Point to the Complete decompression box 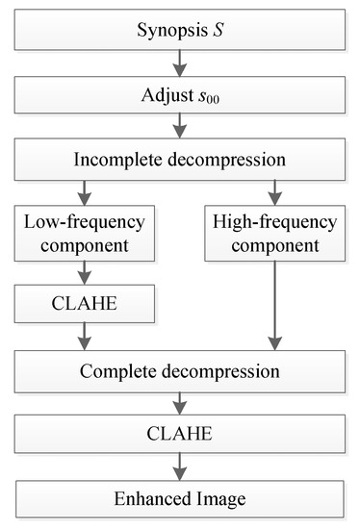pos(179,371)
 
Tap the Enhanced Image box pos(179,500)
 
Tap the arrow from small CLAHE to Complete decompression pos(84,338)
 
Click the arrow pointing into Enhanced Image pos(179,469)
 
